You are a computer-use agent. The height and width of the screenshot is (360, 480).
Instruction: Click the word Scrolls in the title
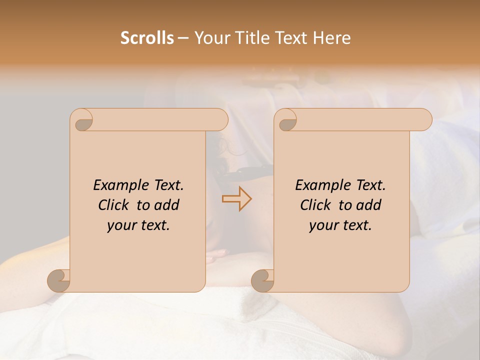coord(147,38)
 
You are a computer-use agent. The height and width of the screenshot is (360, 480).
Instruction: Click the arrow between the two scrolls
coord(236,198)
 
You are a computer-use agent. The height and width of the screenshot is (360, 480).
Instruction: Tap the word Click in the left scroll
coord(114,205)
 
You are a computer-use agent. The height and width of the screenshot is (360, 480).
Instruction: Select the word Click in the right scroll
coord(316,205)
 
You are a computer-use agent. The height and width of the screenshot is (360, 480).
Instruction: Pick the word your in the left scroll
coord(120,225)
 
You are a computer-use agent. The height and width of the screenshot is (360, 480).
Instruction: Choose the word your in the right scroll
coord(322,225)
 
